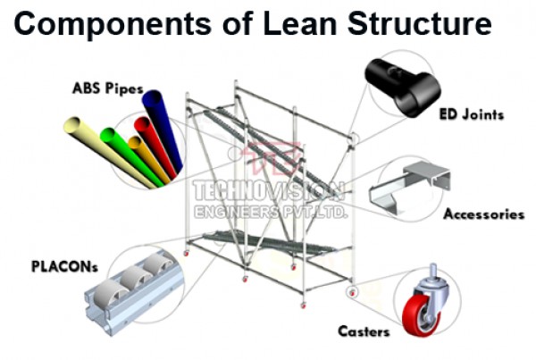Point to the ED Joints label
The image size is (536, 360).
pyautogui.click(x=472, y=114)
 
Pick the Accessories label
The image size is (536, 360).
pyautogui.click(x=483, y=214)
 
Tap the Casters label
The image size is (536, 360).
pyautogui.click(x=364, y=332)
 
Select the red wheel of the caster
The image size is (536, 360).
pyautogui.click(x=417, y=314)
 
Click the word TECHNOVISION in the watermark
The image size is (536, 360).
pyautogui.click(x=267, y=189)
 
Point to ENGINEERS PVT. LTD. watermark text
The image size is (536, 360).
pyautogui.click(x=268, y=211)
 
